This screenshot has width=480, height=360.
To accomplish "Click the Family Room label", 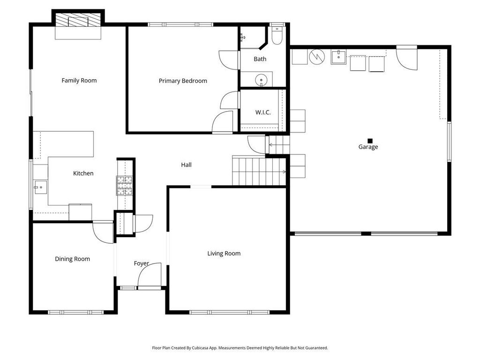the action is (79, 81).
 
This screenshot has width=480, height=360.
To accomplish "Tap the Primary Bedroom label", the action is (183, 81).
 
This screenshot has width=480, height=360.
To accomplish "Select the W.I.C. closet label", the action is (263, 112).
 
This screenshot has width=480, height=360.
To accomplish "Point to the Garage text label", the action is (368, 147).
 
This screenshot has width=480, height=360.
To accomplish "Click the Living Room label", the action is (224, 254).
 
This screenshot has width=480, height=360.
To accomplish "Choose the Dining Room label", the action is (72, 259).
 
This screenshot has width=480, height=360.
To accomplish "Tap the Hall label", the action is (186, 165).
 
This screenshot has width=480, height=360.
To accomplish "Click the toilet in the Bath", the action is (277, 36).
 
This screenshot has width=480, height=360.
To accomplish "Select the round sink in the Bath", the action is (261, 80).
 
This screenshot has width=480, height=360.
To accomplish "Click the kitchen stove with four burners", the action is (124, 186).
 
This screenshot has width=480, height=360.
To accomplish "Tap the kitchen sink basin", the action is (40, 187).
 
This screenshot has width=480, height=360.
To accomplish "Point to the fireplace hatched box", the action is (78, 20).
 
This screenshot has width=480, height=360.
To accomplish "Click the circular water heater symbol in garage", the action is (317, 57).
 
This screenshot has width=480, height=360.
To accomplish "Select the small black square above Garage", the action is (370, 141).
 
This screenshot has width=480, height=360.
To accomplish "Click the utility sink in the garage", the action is (338, 57).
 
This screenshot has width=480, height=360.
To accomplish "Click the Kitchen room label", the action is (83, 173).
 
